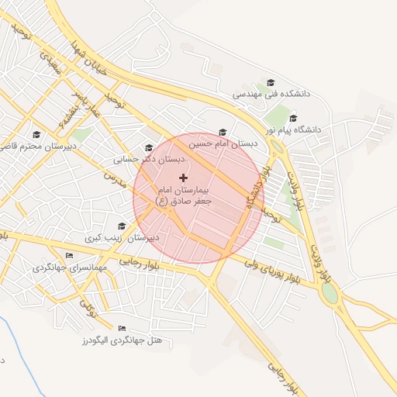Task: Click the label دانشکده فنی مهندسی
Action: [x=271, y=94]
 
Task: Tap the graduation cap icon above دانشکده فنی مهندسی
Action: [x=271, y=82]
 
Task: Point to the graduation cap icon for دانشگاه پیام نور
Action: [x=292, y=119]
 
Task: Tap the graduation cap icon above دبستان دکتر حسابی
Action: [x=148, y=147]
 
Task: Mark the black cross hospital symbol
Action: [x=183, y=178]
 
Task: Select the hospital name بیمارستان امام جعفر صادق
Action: [x=185, y=195]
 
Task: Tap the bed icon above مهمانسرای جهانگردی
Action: [x=69, y=256]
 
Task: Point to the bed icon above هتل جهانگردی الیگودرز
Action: [x=121, y=328]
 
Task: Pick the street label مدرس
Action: [x=114, y=178]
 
